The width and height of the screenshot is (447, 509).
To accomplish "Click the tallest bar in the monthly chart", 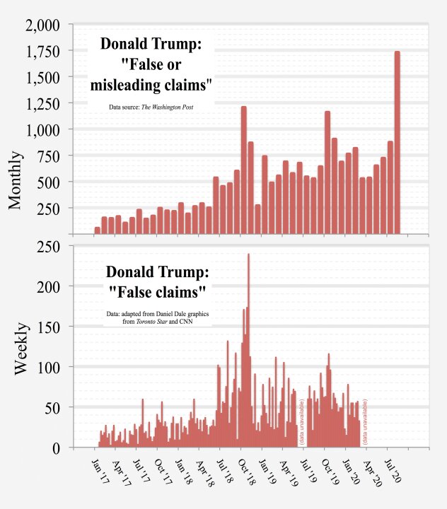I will (x=397, y=141).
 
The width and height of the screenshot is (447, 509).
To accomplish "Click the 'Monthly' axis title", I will (x=16, y=180).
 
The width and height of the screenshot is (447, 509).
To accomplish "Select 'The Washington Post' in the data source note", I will (x=168, y=107).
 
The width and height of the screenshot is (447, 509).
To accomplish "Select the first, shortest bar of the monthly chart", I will (x=97, y=230).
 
